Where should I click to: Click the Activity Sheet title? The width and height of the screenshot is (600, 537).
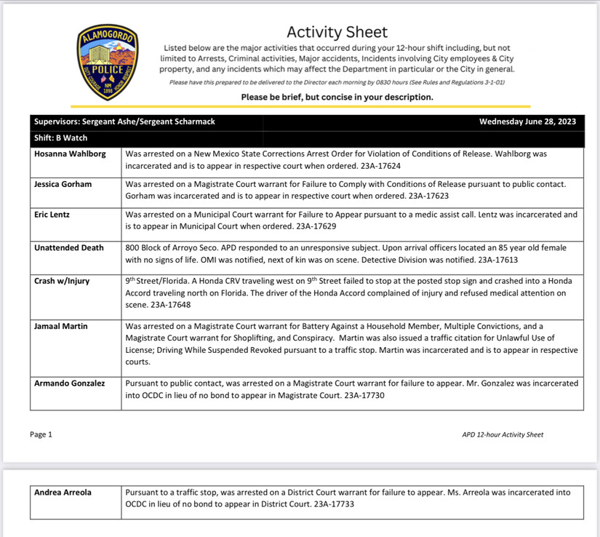(x=337, y=32)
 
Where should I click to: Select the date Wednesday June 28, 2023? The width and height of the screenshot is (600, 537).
(x=527, y=122)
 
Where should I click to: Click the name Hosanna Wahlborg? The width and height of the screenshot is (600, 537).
(x=69, y=154)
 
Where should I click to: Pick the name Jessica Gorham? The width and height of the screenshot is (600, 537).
(x=63, y=184)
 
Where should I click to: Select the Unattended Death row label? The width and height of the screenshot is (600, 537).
(x=69, y=247)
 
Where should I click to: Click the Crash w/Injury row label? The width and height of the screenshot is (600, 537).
(x=62, y=281)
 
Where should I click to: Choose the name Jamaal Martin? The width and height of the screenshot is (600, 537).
(x=61, y=326)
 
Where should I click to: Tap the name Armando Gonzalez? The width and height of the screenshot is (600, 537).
(x=70, y=383)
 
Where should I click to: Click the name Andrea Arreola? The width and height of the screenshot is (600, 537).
(x=63, y=493)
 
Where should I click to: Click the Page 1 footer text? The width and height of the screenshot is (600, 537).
(x=41, y=434)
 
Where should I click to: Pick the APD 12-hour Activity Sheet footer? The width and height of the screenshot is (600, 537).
(x=503, y=434)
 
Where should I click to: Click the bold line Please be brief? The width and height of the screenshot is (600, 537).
(x=337, y=97)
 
